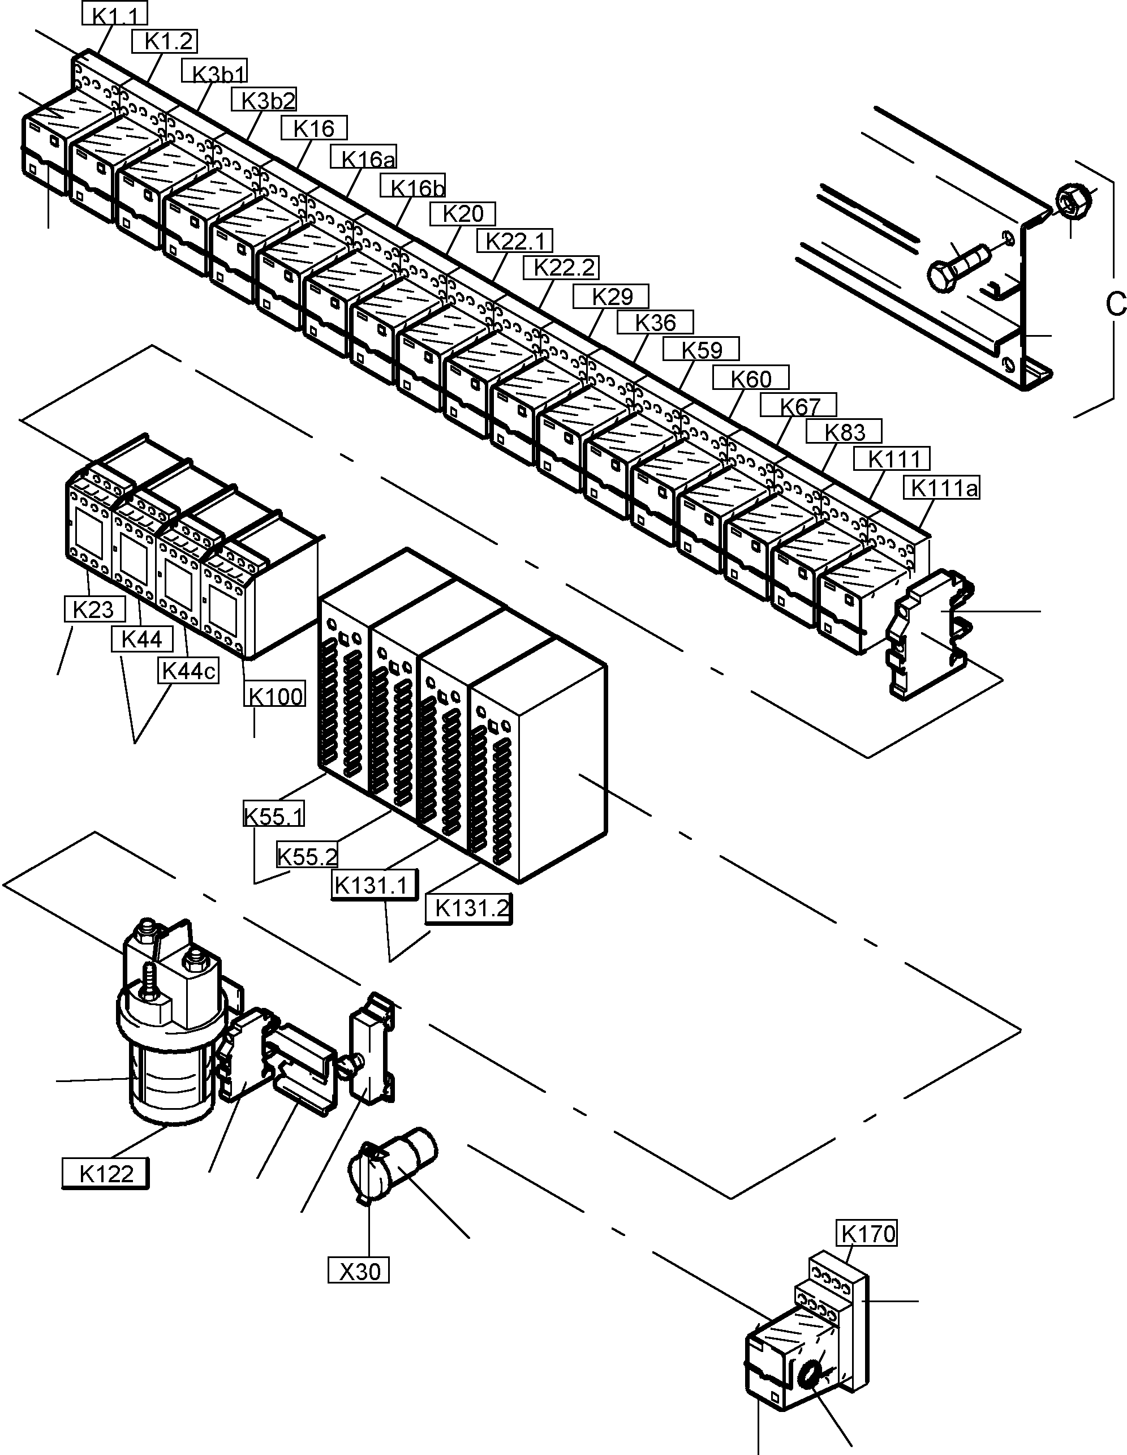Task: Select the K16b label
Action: click(x=413, y=187)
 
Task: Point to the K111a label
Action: click(x=942, y=488)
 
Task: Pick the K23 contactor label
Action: click(x=93, y=609)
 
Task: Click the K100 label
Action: click(x=275, y=696)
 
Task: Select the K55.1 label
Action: click(x=274, y=814)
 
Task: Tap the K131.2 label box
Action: click(x=470, y=907)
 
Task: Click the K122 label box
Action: click(x=105, y=1173)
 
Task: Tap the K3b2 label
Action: click(x=264, y=100)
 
